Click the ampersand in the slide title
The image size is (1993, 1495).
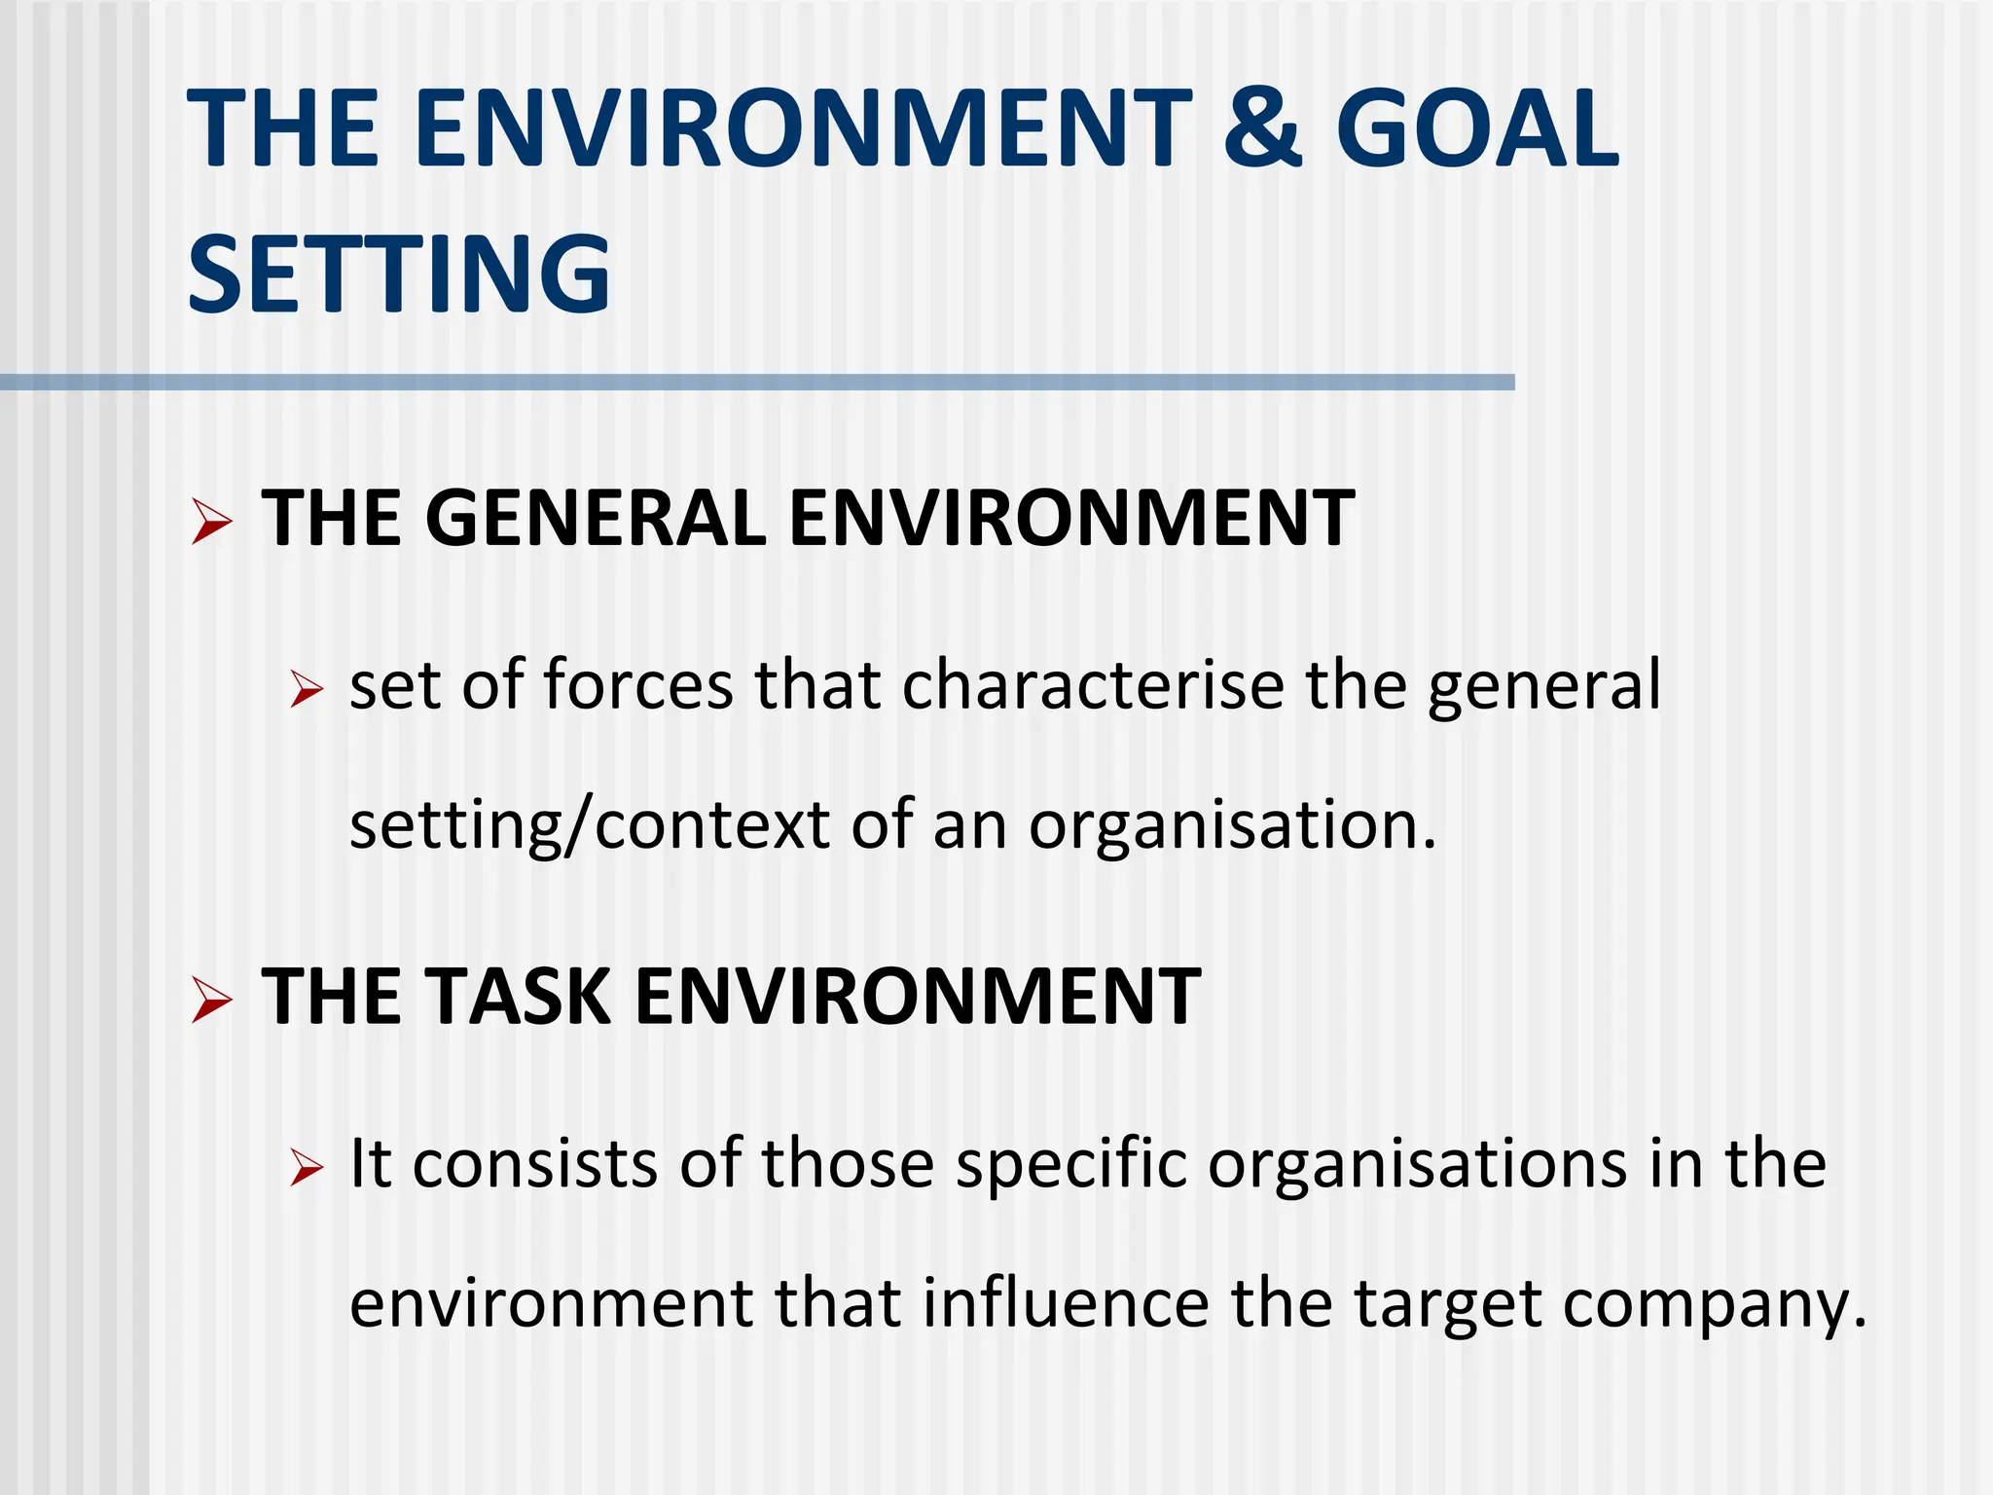(1262, 128)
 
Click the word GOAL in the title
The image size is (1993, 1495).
(1477, 128)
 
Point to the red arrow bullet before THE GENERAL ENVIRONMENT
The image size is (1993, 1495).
(211, 521)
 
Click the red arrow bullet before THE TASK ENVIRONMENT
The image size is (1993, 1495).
(211, 1000)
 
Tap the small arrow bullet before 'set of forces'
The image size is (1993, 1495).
(306, 690)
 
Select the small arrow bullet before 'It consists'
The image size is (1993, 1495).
(306, 1167)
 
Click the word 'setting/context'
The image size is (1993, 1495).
(590, 825)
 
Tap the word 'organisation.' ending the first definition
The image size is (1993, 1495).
(1232, 825)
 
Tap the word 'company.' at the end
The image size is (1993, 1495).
(1715, 1304)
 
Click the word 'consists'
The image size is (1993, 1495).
(535, 1163)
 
